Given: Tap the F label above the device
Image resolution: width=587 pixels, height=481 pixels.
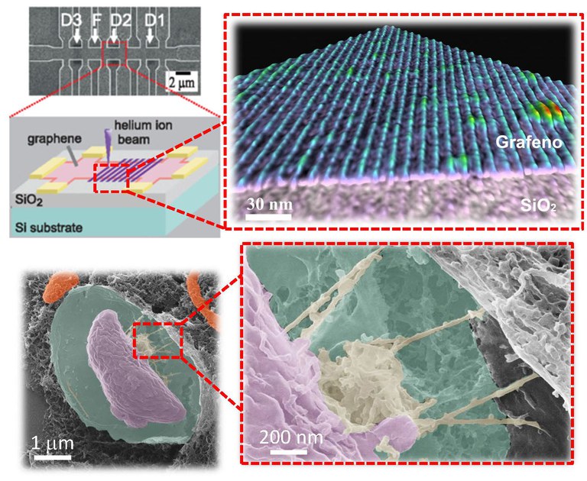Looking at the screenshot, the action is click(96, 21).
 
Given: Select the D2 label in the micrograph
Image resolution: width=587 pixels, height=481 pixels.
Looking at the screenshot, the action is click(121, 21).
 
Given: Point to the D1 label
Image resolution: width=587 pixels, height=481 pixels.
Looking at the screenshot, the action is click(154, 21).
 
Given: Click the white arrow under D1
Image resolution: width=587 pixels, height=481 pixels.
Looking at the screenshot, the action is click(150, 37).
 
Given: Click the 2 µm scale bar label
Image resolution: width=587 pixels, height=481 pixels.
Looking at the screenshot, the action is click(182, 82).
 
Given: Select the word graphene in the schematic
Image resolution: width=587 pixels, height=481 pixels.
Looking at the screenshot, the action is click(54, 139).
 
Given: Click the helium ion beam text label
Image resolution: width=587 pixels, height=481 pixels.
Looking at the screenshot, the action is click(143, 132).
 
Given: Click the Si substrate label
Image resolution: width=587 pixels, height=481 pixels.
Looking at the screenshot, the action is click(49, 228).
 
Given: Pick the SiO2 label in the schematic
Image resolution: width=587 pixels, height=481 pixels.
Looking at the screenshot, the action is click(28, 200).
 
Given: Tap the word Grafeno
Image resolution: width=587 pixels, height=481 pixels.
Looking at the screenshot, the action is click(529, 143).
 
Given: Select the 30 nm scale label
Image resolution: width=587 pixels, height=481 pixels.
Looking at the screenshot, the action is click(269, 205).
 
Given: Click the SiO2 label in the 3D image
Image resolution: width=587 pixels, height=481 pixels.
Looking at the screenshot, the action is click(538, 205).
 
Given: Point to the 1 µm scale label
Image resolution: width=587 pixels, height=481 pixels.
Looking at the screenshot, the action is click(53, 444).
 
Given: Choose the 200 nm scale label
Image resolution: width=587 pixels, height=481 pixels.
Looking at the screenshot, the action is click(291, 437).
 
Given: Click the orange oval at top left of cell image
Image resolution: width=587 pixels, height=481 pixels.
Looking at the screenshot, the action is click(60, 286).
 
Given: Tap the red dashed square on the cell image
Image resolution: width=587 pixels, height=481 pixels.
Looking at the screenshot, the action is click(158, 341).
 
